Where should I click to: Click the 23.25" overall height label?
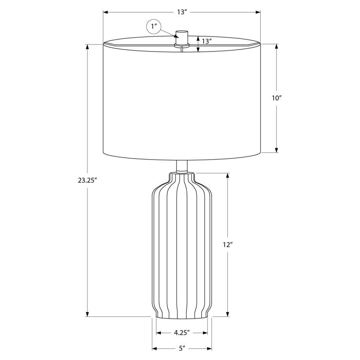(x=86, y=180)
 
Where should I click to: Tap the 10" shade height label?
(x=277, y=98)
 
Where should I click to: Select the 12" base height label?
(x=228, y=245)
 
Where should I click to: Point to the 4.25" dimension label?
(x=182, y=333)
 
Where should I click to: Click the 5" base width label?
(x=182, y=348)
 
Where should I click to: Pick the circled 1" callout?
(x=154, y=27)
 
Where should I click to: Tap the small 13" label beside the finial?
(x=206, y=41)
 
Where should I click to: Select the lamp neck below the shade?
(x=182, y=166)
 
